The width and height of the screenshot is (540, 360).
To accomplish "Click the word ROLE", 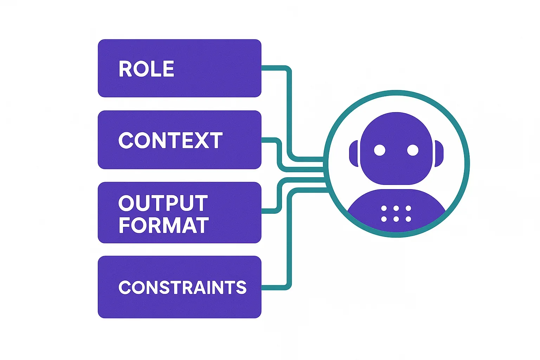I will click(146, 69).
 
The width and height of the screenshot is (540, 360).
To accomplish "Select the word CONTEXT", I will click(171, 141).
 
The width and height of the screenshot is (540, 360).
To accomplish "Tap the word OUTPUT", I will click(163, 203).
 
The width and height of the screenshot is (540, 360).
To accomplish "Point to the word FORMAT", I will click(164, 225).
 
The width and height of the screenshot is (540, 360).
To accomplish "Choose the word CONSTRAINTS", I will click(182, 288).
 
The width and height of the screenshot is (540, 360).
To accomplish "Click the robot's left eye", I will click(380, 150).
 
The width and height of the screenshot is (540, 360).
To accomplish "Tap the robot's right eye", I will click(413, 150).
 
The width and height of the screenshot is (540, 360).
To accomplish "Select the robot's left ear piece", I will click(353, 154).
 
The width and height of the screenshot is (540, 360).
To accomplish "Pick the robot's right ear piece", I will click(439, 154).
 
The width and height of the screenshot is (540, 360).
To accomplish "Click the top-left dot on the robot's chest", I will click(384, 208).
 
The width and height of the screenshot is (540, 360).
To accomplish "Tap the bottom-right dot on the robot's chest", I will click(408, 219).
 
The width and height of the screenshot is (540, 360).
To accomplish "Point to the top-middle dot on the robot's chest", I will click(396, 208).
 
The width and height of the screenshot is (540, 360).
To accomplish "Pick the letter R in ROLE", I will click(125, 69).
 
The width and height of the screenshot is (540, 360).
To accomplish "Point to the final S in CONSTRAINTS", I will click(241, 288).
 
